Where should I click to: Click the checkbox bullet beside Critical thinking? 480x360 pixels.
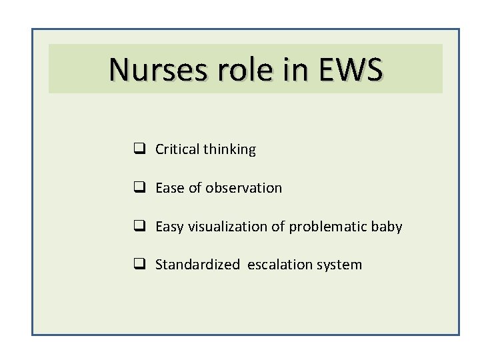[x=141, y=150]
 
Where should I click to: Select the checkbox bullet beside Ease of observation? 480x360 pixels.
[x=141, y=189]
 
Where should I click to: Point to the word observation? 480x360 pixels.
[x=244, y=189]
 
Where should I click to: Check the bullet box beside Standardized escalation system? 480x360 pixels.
[x=141, y=265]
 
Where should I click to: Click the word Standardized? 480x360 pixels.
[x=197, y=265]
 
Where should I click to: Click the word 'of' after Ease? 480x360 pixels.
[x=194, y=189]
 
